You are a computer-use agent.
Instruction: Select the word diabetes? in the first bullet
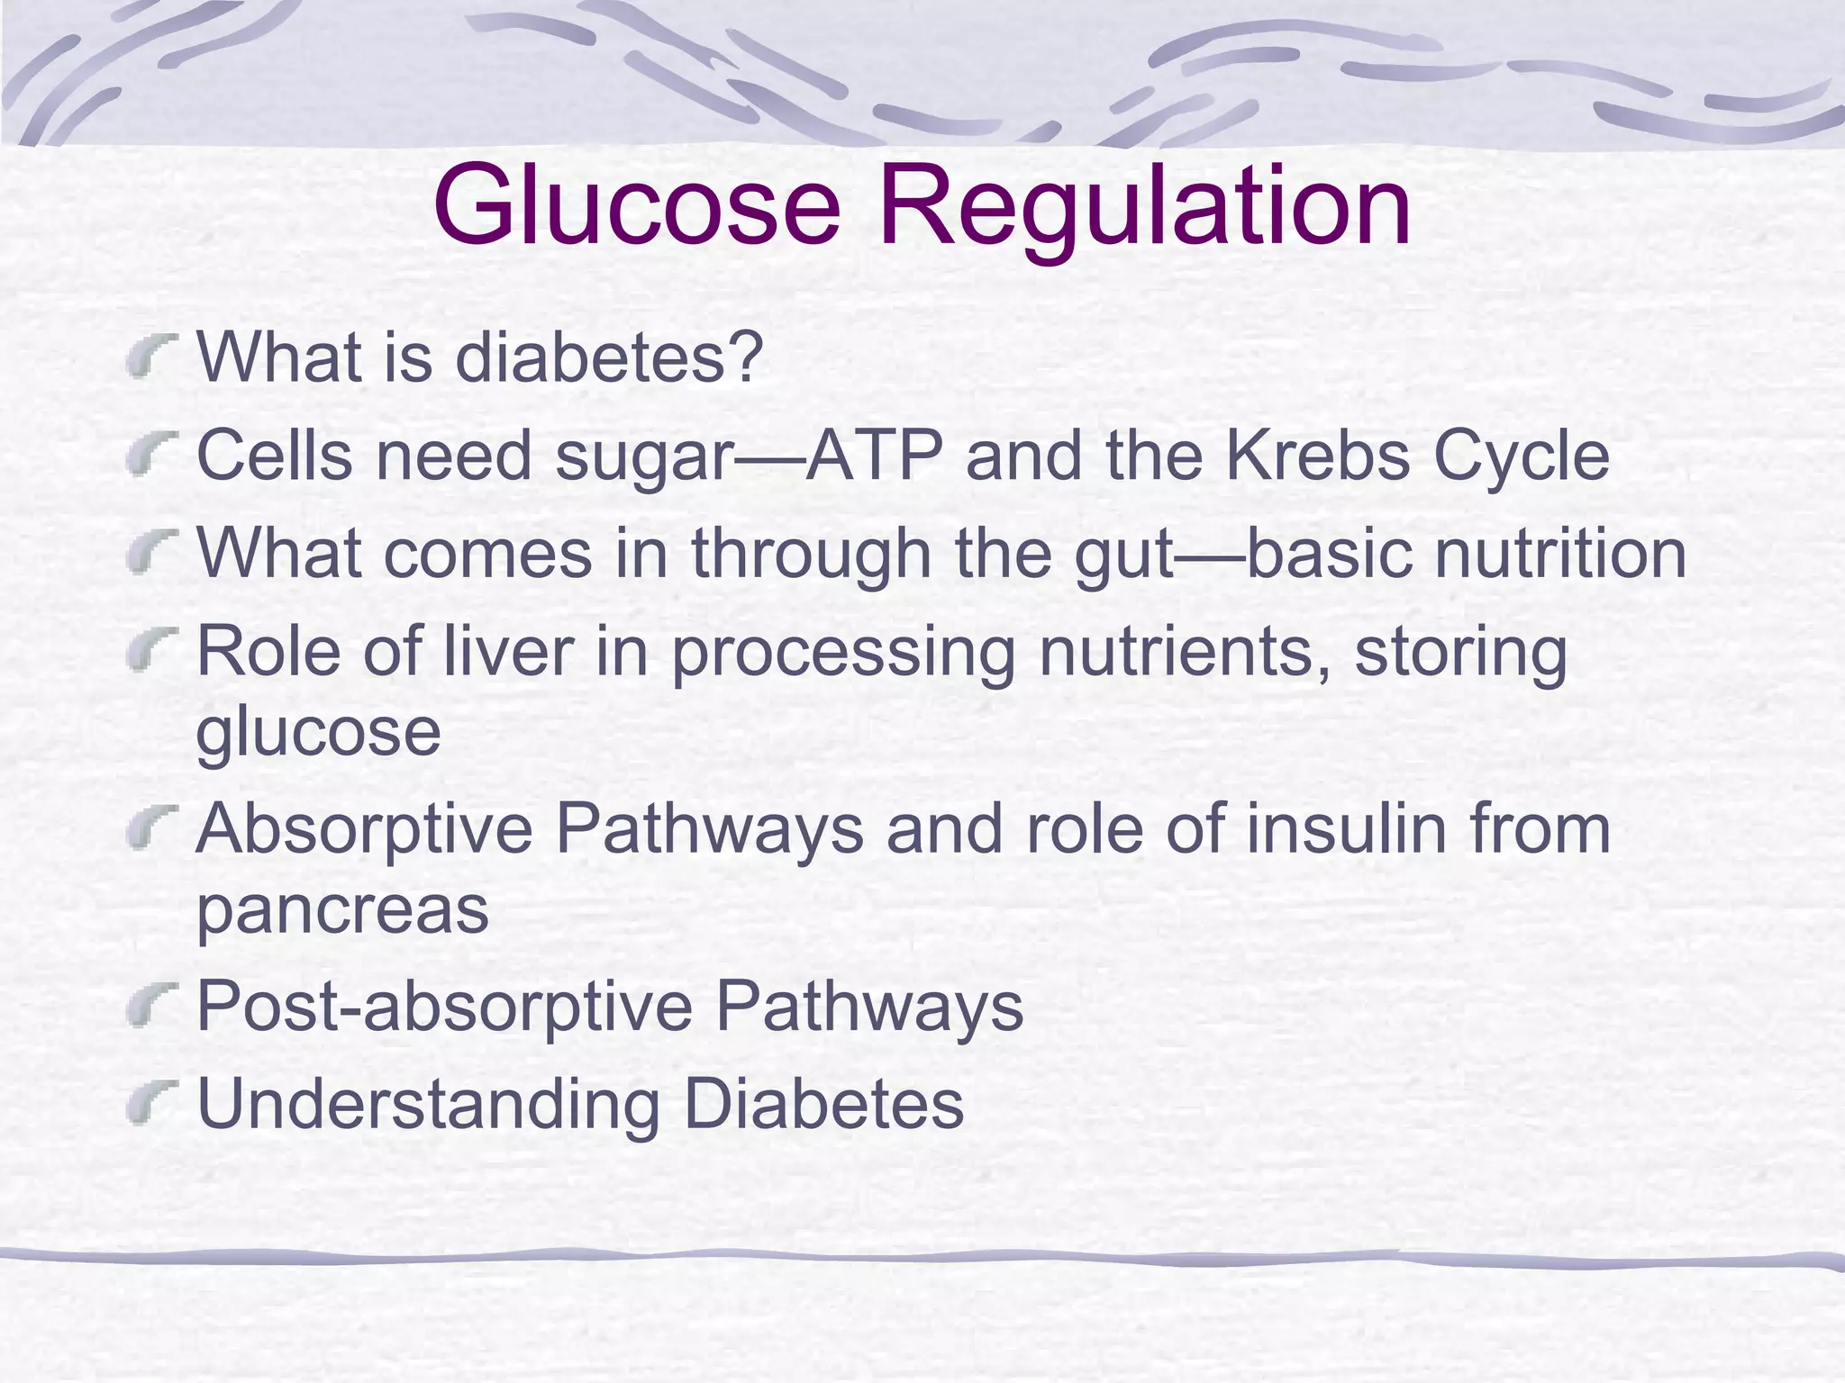609,357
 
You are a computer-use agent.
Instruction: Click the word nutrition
1560,553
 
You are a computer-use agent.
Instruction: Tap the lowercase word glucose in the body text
318,733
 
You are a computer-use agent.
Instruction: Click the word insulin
1346,829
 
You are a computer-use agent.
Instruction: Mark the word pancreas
342,911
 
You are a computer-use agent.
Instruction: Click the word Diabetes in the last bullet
823,1103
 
